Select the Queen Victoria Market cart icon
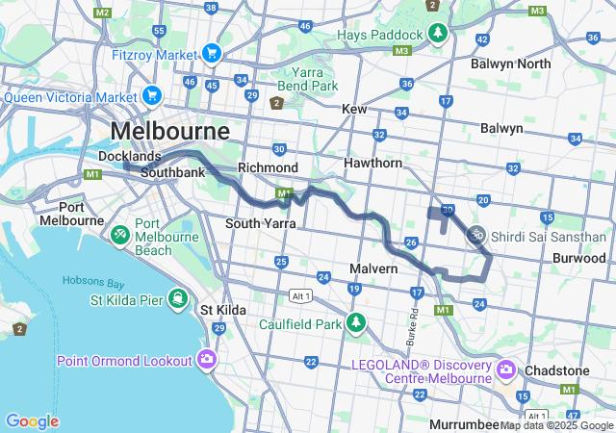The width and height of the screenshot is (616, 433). pos(151,95)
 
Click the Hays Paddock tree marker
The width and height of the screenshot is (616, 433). pos(438,34)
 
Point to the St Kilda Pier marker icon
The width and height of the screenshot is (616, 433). pos(176,299)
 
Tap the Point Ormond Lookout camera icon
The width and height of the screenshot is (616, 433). pos(206,360)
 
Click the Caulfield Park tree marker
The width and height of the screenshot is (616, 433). pos(357,322)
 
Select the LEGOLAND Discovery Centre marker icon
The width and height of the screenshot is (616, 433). pos(506,369)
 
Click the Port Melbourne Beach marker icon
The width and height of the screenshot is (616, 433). pos(120,234)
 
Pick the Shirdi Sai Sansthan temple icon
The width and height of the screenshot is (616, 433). pos(475,234)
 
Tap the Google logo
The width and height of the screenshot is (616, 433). pos(32,420)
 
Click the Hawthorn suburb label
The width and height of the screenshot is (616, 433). pos(373,164)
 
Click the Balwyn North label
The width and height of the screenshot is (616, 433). pos(510,64)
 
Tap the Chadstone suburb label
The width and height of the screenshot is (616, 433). pos(556,370)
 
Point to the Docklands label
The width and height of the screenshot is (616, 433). pos(129,156)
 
